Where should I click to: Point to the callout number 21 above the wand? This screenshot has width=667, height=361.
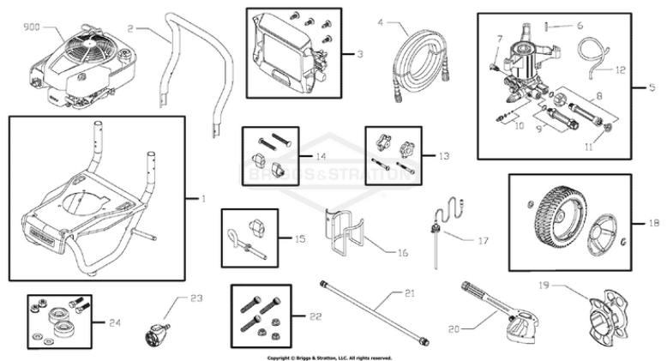coord(409,294)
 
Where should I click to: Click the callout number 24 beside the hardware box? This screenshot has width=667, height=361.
coord(115,322)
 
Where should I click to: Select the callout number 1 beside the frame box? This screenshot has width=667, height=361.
coord(203,199)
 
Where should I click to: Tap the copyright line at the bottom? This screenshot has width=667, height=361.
coord(330,357)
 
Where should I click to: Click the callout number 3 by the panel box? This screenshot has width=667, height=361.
coord(359,53)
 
